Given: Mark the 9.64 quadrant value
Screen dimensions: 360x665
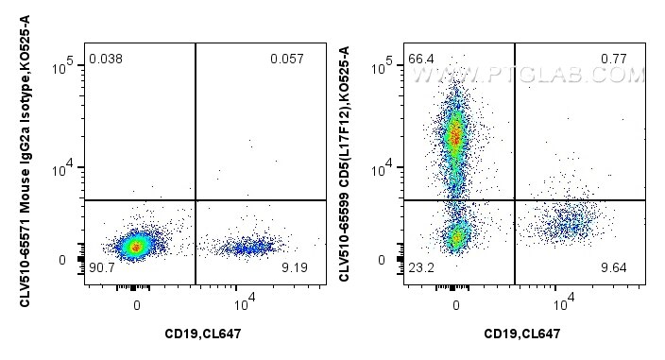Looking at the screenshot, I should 614,268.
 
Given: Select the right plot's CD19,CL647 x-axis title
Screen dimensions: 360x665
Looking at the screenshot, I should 524,333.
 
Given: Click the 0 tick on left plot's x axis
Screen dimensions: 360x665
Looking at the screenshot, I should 137,304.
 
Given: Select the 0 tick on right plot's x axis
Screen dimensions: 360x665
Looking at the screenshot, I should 456,304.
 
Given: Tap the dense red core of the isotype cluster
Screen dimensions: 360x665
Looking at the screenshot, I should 136,247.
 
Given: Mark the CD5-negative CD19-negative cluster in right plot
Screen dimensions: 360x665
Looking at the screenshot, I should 458,235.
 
